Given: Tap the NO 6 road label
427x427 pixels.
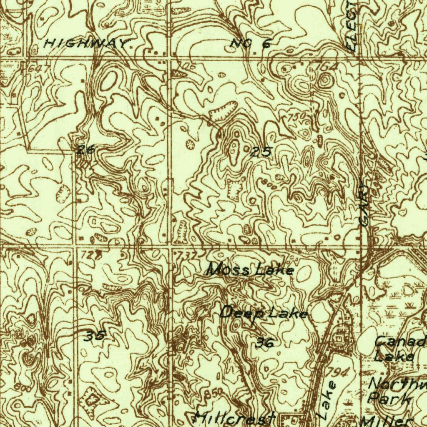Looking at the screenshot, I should pyautogui.click(x=251, y=43).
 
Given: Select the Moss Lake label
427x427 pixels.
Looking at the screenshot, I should pyautogui.click(x=251, y=270).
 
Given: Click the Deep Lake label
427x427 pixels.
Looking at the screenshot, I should pyautogui.click(x=264, y=312).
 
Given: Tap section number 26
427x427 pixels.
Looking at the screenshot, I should pyautogui.click(x=86, y=149).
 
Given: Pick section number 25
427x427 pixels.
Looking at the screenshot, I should pyautogui.click(x=261, y=153).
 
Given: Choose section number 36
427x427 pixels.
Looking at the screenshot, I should pyautogui.click(x=265, y=343).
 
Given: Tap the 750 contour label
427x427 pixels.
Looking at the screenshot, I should pyautogui.click(x=296, y=117).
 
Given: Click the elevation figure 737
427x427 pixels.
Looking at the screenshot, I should pyautogui.click(x=186, y=255).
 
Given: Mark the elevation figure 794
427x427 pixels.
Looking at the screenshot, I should pyautogui.click(x=338, y=372).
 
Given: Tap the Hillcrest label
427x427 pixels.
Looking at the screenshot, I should pyautogui.click(x=236, y=418).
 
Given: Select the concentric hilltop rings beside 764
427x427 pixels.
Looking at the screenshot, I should pyautogui.click(x=324, y=80).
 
